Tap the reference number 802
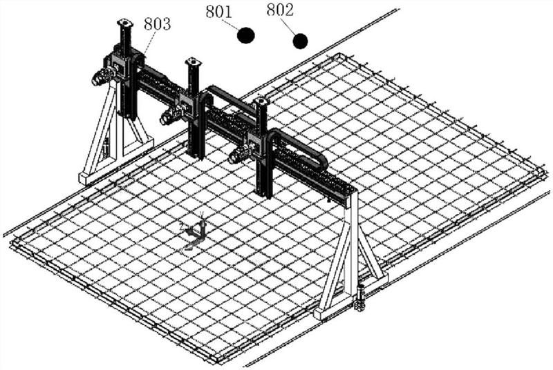pyautogui.click(x=280, y=10)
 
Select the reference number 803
pyautogui.click(x=157, y=23)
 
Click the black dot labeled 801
pyautogui.click(x=245, y=35)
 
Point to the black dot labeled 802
pyautogui.click(x=300, y=41)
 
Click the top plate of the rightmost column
pyautogui.click(x=261, y=102)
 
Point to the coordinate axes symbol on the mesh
pyautogui.click(x=194, y=232)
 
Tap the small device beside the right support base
pyautogui.click(x=360, y=298)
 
